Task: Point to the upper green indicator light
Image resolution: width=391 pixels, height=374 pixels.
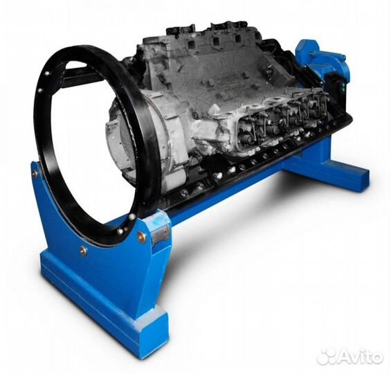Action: (343, 84)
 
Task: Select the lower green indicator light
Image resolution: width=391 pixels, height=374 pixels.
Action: (343, 89)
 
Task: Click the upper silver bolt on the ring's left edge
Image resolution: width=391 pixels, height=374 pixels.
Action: (46, 73)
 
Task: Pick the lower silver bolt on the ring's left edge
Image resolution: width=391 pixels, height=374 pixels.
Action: (40, 89)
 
